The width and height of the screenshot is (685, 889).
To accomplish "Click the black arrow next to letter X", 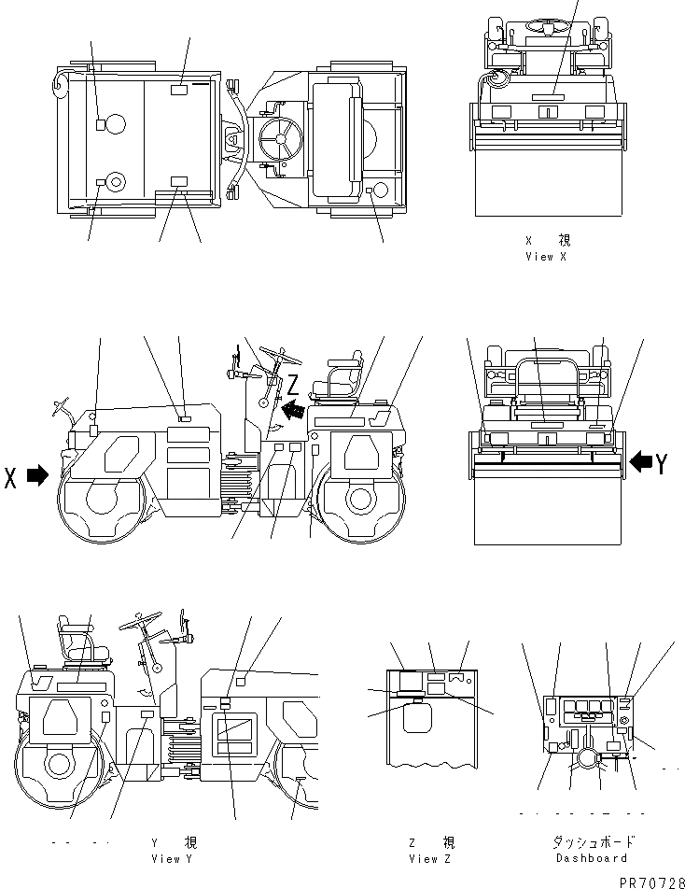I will (x=37, y=475).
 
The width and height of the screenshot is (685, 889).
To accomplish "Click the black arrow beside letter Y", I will (x=641, y=460).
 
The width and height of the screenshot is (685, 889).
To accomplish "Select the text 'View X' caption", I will (x=546, y=256).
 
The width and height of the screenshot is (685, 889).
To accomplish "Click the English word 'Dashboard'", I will (x=590, y=857).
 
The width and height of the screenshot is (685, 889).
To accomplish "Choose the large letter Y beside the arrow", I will (x=662, y=462).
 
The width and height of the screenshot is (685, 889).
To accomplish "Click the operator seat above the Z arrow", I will (x=343, y=374).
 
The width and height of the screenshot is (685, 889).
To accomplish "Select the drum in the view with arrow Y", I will (x=545, y=504).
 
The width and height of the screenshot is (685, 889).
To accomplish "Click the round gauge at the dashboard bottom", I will (x=587, y=758).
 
